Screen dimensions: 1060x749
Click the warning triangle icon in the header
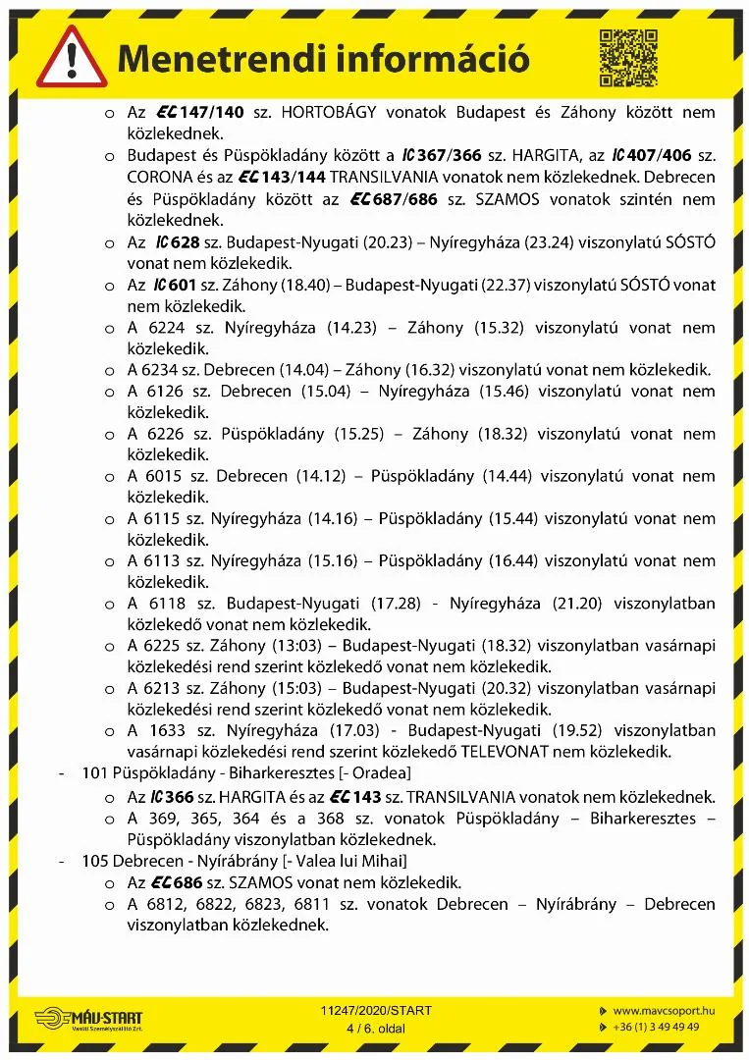tap(74, 58)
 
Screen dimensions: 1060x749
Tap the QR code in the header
tap(627, 58)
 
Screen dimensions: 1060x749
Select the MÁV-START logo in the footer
tap(88, 1019)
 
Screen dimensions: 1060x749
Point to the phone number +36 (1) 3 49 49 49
tap(656, 1027)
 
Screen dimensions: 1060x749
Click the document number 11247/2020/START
tap(376, 1010)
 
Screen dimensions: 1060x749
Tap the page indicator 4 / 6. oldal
tap(375, 1028)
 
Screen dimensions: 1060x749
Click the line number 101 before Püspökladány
tap(94, 773)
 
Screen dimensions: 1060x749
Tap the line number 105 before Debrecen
tap(94, 861)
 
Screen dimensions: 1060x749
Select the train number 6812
tap(165, 904)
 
